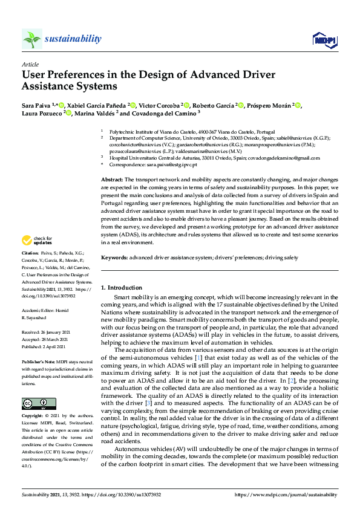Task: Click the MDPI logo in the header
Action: tap(324, 40)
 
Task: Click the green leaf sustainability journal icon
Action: tap(31, 39)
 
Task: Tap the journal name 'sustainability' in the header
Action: tap(73, 39)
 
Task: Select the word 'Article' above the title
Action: tap(30, 64)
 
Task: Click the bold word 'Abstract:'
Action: tap(112, 180)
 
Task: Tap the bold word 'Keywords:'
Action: tap(114, 258)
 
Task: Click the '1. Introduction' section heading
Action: tap(123, 287)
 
